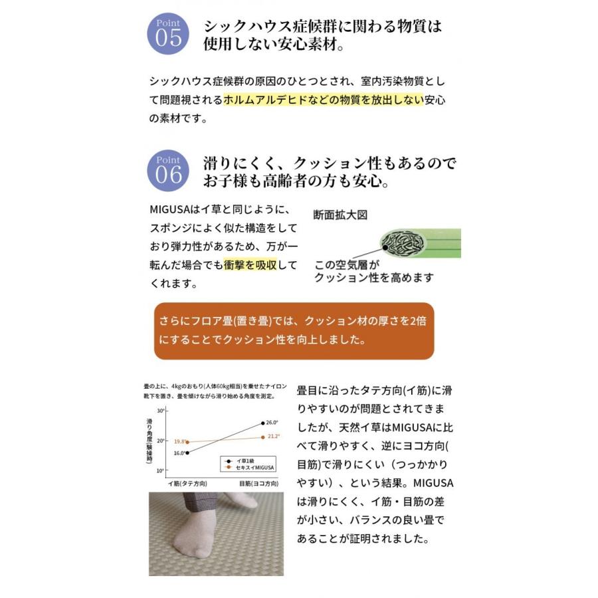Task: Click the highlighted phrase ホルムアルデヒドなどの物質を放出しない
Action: point(324,100)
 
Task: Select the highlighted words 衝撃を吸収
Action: point(250,264)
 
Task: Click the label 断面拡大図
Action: point(340,215)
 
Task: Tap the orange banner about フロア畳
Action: point(294,330)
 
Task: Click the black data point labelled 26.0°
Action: point(263,423)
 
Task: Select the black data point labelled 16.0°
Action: point(188,452)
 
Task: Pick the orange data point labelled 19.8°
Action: point(188,442)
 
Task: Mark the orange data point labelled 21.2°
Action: point(263,437)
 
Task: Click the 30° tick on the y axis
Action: point(160,411)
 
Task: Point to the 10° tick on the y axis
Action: point(160,470)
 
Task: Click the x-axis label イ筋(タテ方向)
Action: point(187,484)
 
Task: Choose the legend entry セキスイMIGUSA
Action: point(252,467)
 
